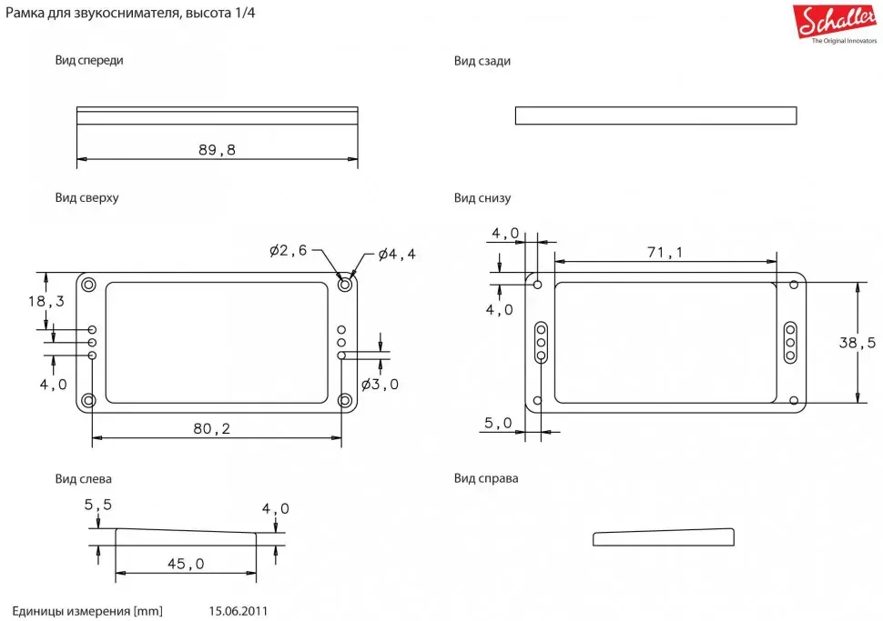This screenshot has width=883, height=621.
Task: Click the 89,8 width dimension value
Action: tap(217, 150)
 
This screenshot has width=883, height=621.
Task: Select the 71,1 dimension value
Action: tap(665, 253)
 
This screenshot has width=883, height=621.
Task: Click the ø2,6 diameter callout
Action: tap(289, 251)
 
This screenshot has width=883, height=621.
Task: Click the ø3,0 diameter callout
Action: tap(380, 384)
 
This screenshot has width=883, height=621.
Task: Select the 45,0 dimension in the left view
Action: tap(186, 564)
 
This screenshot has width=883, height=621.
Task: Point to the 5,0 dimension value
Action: tap(498, 423)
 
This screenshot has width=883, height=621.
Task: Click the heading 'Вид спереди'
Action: tap(89, 60)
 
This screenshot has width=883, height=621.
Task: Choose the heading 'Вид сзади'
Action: tap(482, 61)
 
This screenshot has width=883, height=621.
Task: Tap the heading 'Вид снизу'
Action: tap(482, 198)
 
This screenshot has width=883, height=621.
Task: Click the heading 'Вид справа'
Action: tap(486, 478)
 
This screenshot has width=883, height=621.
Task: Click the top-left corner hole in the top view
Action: tap(89, 285)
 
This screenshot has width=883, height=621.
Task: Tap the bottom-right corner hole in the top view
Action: tap(345, 400)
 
